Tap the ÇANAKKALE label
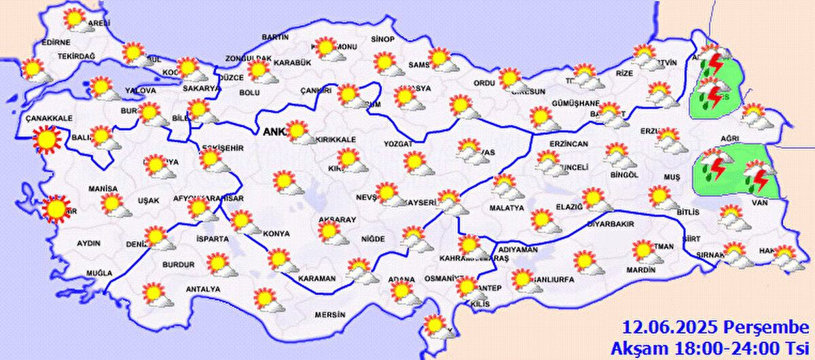48,118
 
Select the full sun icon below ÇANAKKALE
48,140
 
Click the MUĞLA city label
98,273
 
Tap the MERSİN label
329,314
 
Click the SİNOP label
383,39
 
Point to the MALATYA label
504,207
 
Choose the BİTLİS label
687,213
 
